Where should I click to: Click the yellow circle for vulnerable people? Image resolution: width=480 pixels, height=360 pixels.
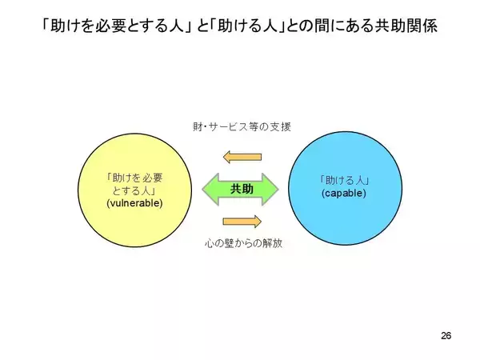[x=134, y=190]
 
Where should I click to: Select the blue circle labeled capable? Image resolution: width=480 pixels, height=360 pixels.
[x=345, y=188]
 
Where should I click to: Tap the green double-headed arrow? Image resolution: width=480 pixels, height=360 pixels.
[x=240, y=189]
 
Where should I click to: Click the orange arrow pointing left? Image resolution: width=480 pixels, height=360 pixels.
[x=242, y=157]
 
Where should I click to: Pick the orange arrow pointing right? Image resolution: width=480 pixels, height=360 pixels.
[x=242, y=222]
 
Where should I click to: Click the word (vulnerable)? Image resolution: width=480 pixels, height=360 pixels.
[x=134, y=203]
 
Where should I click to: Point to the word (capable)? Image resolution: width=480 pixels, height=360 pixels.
[x=344, y=193]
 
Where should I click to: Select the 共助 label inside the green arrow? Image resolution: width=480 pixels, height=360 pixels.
[x=242, y=189]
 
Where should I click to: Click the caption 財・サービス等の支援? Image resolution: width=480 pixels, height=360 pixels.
[x=242, y=126]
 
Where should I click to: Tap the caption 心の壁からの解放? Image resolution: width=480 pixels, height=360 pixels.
[x=243, y=243]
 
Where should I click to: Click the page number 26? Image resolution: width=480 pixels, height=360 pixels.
[x=446, y=335]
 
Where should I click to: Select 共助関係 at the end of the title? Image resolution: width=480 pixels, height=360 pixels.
[x=406, y=26]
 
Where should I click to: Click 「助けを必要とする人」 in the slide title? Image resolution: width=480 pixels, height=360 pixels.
[x=114, y=26]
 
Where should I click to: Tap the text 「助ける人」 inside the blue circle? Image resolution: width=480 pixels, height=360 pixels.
[x=344, y=180]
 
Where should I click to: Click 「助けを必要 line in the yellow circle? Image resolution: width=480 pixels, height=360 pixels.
[x=134, y=178]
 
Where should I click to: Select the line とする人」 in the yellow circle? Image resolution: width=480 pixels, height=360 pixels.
[x=134, y=190]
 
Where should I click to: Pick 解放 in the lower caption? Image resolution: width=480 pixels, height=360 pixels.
[x=272, y=243]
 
